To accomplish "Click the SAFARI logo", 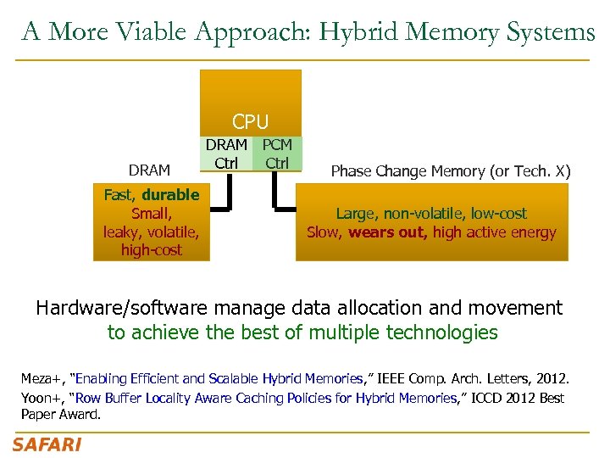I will click(x=47, y=444).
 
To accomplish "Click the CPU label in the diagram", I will click(x=250, y=123).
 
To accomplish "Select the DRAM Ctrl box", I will click(x=226, y=154).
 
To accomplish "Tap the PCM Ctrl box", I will click(x=277, y=154).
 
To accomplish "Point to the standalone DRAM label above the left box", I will click(x=149, y=170).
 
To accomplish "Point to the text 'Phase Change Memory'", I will click(x=398, y=171).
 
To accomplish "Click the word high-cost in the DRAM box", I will click(x=152, y=250).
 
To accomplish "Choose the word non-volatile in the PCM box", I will click(x=429, y=214).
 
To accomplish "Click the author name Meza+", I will click(x=43, y=378).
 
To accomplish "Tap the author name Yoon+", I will click(x=42, y=397).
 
